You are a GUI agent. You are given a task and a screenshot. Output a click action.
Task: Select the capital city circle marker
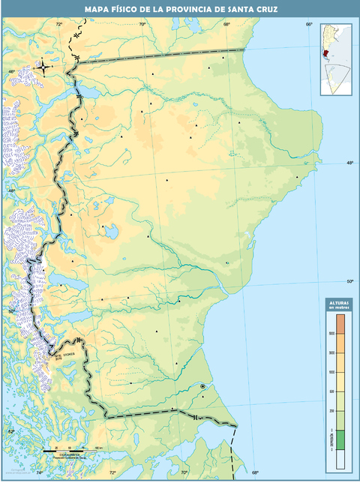(x=203, y=385)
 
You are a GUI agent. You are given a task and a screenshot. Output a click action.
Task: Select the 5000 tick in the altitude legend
(x=331, y=333)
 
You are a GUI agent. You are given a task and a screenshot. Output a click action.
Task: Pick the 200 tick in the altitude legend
(x=331, y=411)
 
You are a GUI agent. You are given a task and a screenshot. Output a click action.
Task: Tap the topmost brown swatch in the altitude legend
(x=340, y=323)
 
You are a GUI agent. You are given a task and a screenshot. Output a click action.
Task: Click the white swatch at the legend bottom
(x=340, y=459)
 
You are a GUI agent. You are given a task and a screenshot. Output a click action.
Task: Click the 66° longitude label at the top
(x=308, y=25)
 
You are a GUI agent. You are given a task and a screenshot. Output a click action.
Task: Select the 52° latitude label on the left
(x=11, y=431)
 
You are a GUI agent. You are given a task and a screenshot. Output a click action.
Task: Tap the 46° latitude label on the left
(x=11, y=72)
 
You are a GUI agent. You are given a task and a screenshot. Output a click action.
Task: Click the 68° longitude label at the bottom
(x=254, y=472)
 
